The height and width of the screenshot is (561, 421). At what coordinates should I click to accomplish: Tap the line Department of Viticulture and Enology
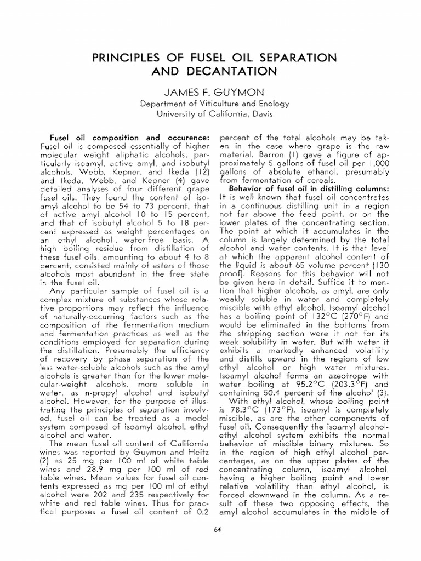(210, 104)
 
